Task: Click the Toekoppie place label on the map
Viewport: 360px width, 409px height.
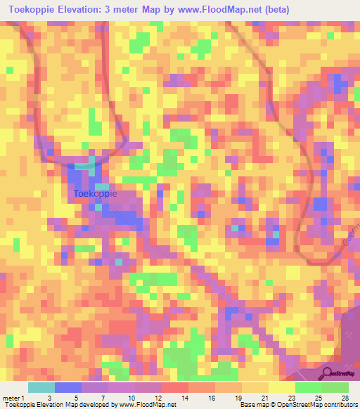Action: [95, 194]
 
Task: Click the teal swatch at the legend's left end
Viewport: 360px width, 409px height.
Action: [41, 387]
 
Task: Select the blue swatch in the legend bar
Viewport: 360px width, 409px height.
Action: [68, 387]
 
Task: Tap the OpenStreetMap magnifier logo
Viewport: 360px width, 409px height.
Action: [326, 372]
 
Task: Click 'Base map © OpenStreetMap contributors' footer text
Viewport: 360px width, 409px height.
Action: [297, 404]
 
